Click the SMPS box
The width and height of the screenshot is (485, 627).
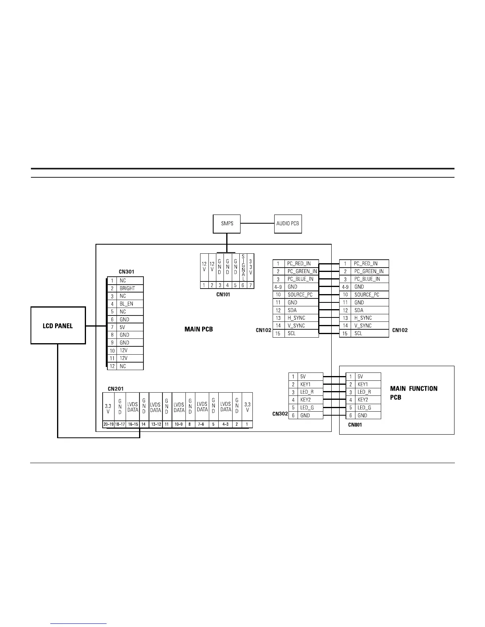pos(227,224)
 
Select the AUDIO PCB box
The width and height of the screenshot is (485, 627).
pos(288,224)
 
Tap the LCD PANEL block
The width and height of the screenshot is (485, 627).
pos(58,326)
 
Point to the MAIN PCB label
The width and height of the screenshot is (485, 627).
pos(199,329)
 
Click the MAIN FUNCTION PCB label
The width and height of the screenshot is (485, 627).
pos(414,393)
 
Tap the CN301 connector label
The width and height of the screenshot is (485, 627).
pos(126,272)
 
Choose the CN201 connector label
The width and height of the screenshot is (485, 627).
pos(116,389)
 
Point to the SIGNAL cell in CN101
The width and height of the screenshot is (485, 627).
pos(243,268)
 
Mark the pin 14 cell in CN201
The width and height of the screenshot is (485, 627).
pos(143,424)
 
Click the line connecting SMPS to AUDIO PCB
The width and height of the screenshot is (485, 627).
pos(257,224)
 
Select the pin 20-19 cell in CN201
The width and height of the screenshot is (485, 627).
pos(108,424)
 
